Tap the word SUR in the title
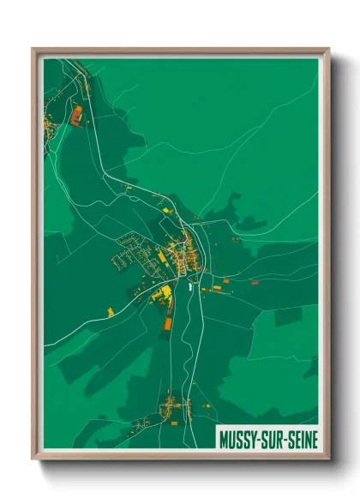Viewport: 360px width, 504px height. (273, 440)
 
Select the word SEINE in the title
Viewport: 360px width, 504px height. (301, 440)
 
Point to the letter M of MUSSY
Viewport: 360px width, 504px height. (225, 440)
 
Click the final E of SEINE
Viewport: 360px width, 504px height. (314, 440)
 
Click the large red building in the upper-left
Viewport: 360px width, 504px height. (75, 114)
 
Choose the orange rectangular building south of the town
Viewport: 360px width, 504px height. (168, 323)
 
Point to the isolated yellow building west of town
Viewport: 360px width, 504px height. (110, 309)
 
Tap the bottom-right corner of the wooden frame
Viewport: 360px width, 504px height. (328, 459)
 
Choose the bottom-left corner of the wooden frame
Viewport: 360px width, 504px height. (33, 459)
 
